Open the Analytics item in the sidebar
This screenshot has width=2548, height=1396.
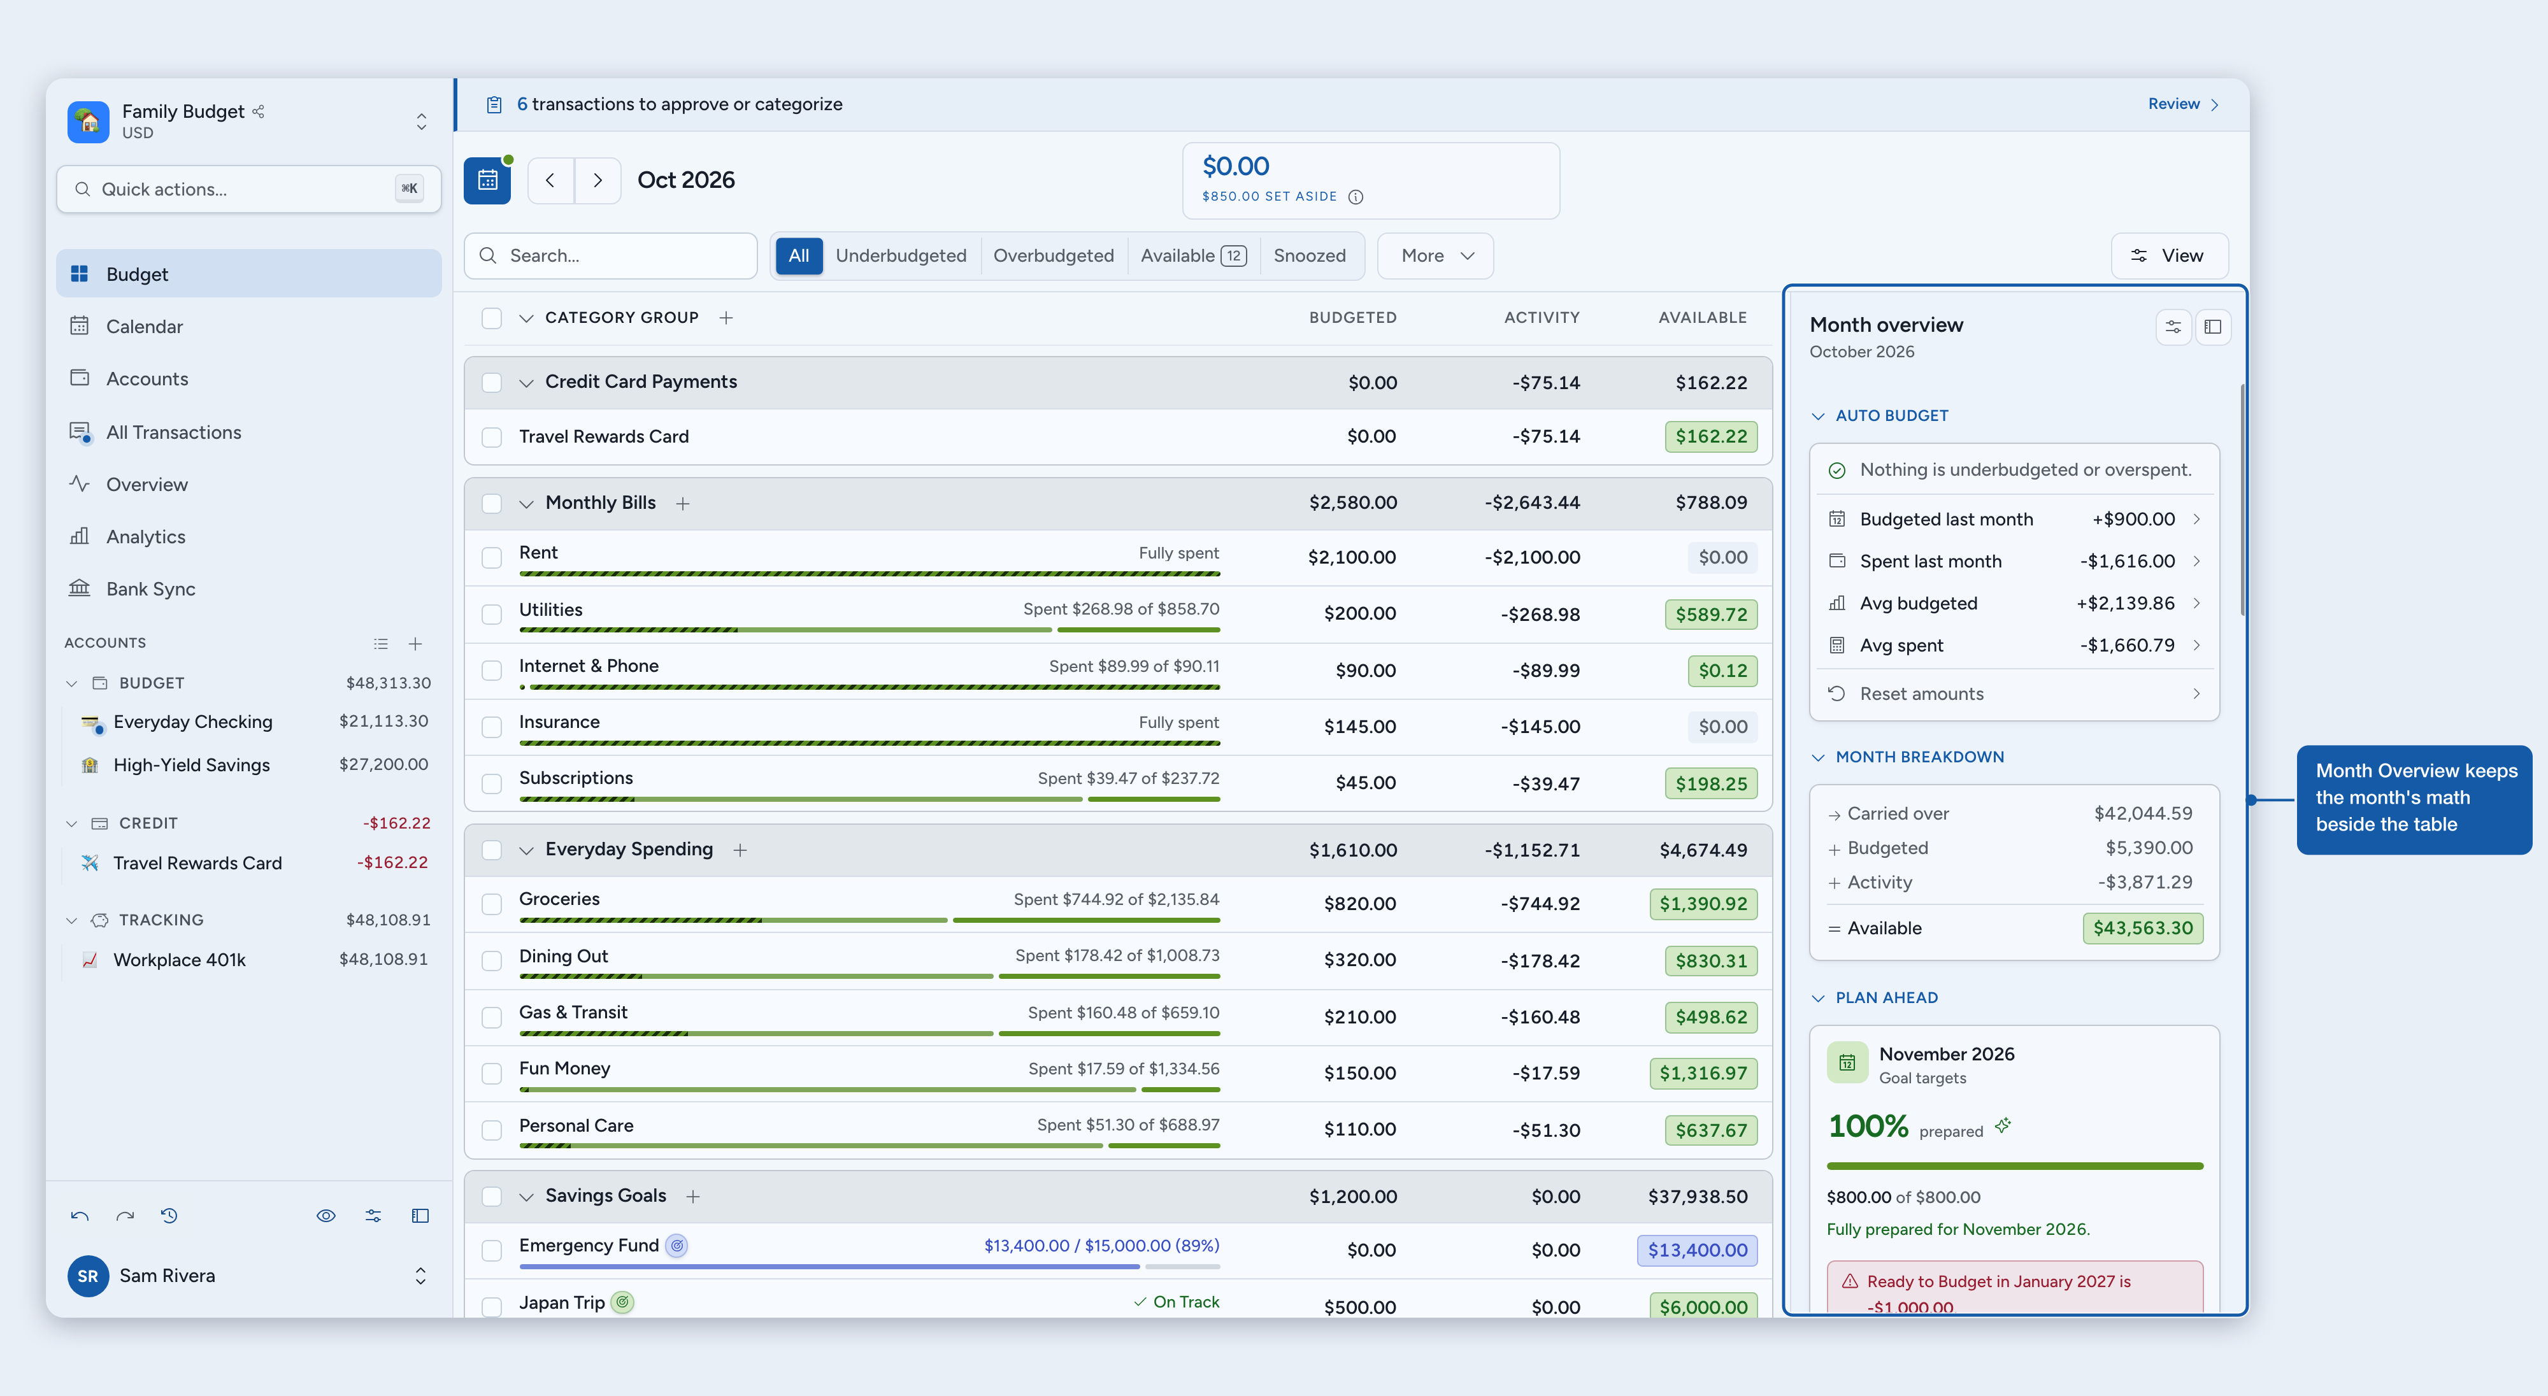pyautogui.click(x=145, y=537)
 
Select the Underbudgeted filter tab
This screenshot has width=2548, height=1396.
pyautogui.click(x=900, y=255)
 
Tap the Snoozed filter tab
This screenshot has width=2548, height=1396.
pyautogui.click(x=1308, y=255)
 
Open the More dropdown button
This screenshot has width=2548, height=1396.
pyautogui.click(x=1435, y=255)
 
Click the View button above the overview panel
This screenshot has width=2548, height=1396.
pyautogui.click(x=2169, y=255)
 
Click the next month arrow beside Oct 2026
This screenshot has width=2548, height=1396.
pyautogui.click(x=598, y=180)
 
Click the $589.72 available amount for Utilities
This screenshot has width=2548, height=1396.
pyautogui.click(x=1710, y=614)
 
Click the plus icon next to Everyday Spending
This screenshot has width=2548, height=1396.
pyautogui.click(x=740, y=850)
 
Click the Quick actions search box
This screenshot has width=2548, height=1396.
pyautogui.click(x=248, y=189)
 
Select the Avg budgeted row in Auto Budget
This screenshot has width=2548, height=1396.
pyautogui.click(x=2013, y=603)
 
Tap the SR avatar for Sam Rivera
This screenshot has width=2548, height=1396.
pyautogui.click(x=88, y=1276)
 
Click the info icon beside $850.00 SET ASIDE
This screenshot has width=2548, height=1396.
pyautogui.click(x=1355, y=197)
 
